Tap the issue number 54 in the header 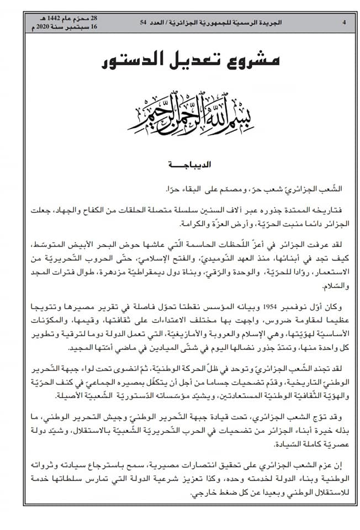point(144,23)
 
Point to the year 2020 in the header point(49,26)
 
